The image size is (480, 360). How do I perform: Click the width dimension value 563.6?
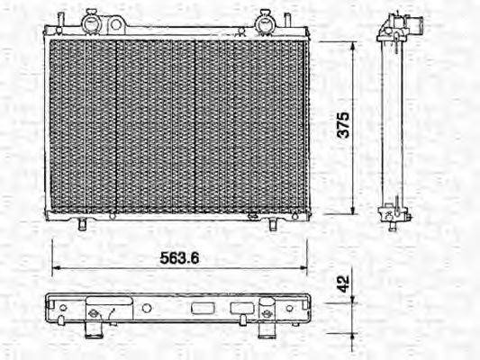coord(179,256)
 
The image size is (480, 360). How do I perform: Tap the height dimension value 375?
coord(343,127)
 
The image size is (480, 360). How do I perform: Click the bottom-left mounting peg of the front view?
coord(82,223)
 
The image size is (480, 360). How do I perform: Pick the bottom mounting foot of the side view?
coord(393,217)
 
